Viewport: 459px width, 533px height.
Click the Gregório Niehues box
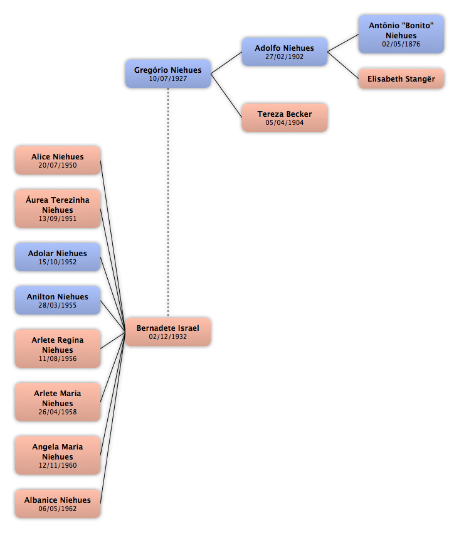click(x=167, y=73)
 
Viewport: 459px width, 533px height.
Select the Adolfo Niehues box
click(x=285, y=51)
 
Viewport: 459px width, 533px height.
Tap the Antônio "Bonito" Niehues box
click(x=401, y=34)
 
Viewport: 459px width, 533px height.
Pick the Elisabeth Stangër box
click(x=401, y=78)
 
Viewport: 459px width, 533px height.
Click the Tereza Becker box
click(x=285, y=117)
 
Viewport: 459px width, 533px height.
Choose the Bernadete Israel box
click(x=167, y=331)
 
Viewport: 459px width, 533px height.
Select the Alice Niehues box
click(x=58, y=161)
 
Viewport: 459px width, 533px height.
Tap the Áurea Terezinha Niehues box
click(x=58, y=208)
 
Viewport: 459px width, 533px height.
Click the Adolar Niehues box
click(x=58, y=257)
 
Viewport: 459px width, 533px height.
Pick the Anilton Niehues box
click(x=58, y=300)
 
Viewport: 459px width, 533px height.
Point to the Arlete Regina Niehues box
click(x=58, y=348)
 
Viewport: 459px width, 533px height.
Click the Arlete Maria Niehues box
click(x=58, y=402)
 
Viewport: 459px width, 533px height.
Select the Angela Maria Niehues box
click(x=58, y=455)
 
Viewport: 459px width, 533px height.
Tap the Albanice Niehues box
click(x=58, y=503)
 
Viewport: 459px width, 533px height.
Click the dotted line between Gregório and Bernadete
click(x=168, y=203)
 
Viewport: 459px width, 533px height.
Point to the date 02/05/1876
click(x=401, y=44)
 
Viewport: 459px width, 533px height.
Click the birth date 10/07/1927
click(x=167, y=78)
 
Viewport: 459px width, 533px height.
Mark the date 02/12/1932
click(x=167, y=336)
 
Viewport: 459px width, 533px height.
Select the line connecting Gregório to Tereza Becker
click(x=226, y=95)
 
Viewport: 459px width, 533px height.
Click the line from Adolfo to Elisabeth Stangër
click(x=343, y=65)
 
